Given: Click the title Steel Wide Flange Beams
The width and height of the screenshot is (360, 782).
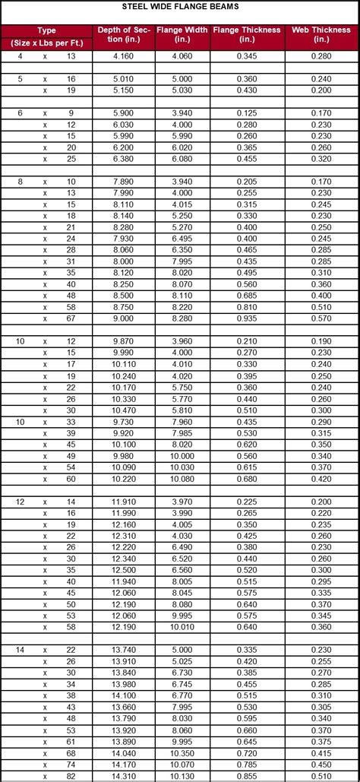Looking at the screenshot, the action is tap(180, 6).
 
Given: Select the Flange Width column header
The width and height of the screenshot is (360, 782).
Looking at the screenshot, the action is tap(182, 34).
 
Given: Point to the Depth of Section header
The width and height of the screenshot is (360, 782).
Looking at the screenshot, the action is tap(125, 34).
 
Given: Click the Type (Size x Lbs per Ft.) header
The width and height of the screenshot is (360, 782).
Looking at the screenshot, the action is tap(47, 36).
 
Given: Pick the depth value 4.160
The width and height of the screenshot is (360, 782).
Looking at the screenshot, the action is tap(125, 56).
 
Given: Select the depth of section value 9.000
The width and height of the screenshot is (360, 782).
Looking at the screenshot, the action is tap(125, 318).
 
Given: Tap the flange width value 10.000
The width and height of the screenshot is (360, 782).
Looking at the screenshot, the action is tap(182, 455).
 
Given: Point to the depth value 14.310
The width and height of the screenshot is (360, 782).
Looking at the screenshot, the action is tap(125, 776).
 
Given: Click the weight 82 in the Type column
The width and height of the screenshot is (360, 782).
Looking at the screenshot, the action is tap(71, 776).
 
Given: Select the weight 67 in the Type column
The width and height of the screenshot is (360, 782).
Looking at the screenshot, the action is tap(71, 318).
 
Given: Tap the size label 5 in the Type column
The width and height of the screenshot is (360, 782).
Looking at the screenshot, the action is tap(21, 79).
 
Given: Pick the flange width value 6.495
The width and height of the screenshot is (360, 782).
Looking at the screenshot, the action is tap(182, 238).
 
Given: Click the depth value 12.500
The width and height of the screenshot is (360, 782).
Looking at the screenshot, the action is tap(125, 569).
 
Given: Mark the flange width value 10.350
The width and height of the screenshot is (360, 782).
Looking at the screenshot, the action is tap(182, 753).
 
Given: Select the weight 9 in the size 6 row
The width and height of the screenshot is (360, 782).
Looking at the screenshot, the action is tap(71, 112).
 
